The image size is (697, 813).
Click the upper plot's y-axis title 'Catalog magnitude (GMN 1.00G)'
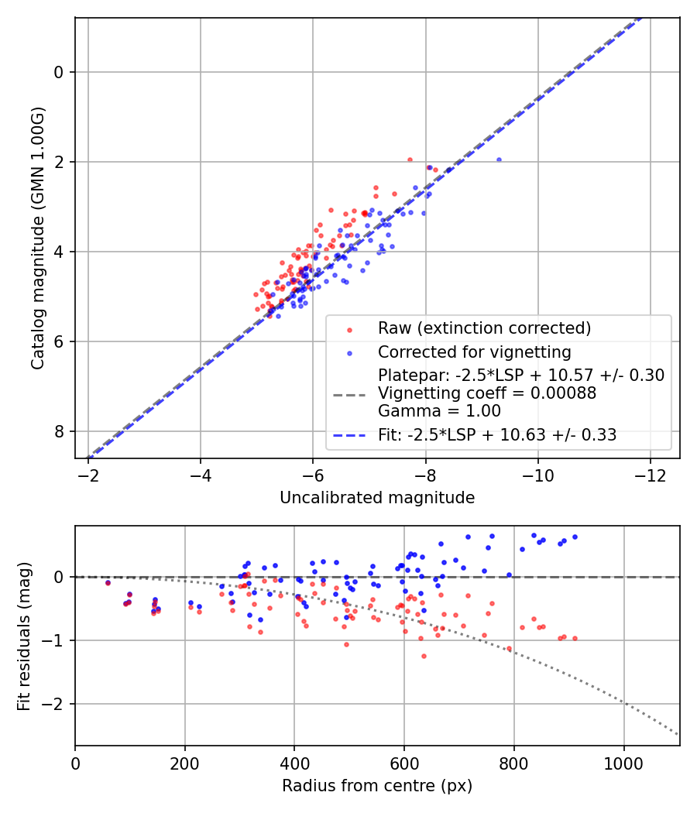point(38,238)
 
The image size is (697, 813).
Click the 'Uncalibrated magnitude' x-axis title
point(377,498)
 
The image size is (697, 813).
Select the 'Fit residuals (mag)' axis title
point(24,636)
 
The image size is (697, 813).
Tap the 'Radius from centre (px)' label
point(377,786)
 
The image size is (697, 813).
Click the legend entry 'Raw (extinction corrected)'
point(484,328)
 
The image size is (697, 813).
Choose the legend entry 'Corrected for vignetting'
point(474,352)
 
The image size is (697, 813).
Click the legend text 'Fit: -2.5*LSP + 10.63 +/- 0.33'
point(497,435)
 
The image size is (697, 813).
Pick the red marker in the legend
point(349,329)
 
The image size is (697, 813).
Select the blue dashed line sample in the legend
point(349,436)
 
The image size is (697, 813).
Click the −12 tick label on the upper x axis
point(650,473)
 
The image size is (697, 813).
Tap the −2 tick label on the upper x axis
point(88,473)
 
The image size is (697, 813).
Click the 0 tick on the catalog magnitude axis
point(60,72)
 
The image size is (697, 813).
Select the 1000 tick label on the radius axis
point(624,761)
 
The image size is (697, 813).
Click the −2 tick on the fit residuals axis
point(57,705)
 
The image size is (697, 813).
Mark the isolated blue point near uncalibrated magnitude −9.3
point(499,160)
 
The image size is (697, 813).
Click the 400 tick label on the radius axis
point(294,761)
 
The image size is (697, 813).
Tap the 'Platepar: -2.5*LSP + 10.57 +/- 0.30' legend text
point(521,376)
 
